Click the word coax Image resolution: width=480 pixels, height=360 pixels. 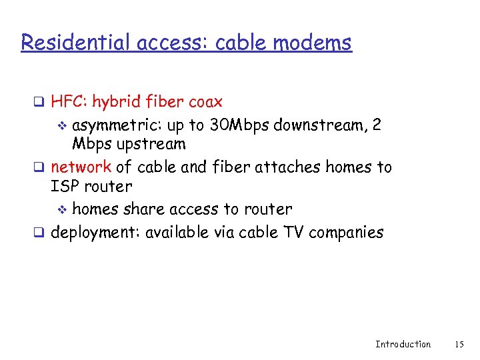point(205,102)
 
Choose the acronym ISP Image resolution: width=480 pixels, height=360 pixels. point(65,187)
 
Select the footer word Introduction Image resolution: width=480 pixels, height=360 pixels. point(403,344)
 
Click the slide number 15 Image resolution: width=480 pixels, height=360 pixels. point(459,344)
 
